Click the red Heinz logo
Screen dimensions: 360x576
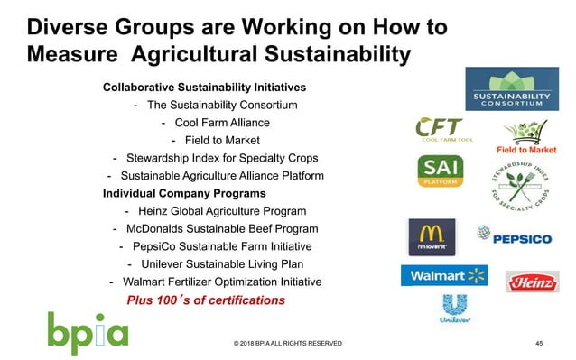click(x=532, y=283)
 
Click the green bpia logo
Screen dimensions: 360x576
click(x=88, y=331)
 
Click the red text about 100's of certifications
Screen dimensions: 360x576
click(x=206, y=300)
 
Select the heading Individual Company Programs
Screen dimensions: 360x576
click(x=184, y=194)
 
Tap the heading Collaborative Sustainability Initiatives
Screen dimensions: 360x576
click(x=204, y=88)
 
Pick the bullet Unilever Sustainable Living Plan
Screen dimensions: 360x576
click(x=218, y=264)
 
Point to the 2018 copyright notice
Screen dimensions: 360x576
click(x=287, y=344)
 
